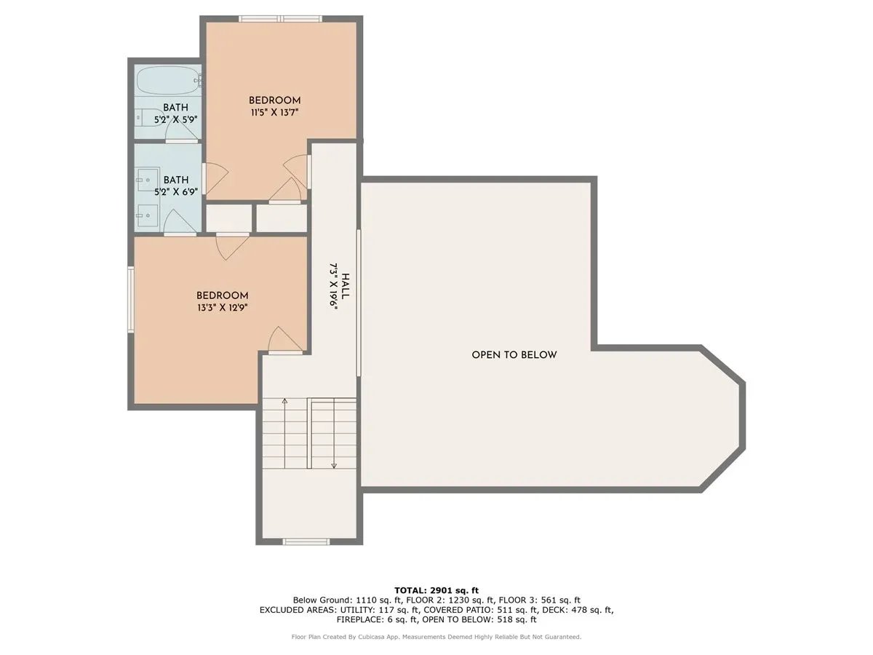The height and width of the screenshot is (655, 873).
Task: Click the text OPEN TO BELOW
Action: coord(514,355)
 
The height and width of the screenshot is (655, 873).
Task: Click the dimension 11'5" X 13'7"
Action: coord(274,112)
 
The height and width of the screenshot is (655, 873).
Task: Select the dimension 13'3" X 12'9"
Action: coord(222,307)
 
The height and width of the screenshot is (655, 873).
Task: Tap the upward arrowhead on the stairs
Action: coord(284,400)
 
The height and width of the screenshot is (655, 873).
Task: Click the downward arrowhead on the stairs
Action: coord(333,466)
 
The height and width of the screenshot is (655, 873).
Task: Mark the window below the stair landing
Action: coord(306,541)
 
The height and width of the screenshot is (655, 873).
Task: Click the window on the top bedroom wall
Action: coord(281,18)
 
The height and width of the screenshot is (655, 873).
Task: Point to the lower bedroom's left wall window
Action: coord(131,300)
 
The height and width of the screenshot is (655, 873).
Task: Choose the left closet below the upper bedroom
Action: coord(228,218)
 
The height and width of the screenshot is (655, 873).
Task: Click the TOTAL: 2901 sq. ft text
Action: coord(436,589)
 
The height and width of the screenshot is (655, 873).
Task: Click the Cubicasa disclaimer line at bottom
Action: coord(436,637)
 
